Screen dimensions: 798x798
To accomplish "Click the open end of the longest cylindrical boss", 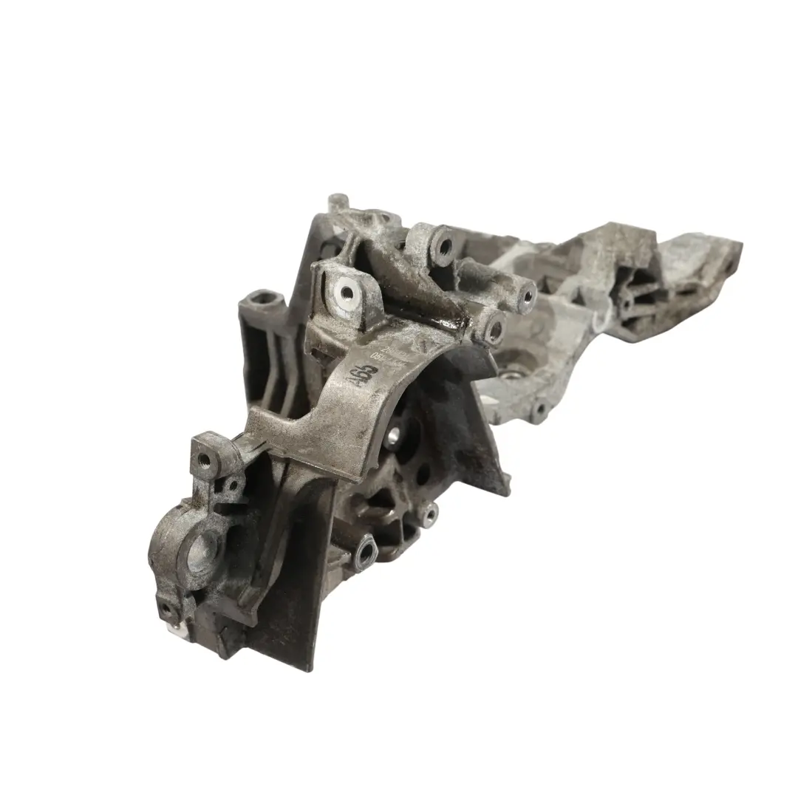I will click(x=526, y=296).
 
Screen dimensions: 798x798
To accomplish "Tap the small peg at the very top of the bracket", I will click(x=338, y=201).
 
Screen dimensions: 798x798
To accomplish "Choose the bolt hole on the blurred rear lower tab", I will click(x=537, y=408).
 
